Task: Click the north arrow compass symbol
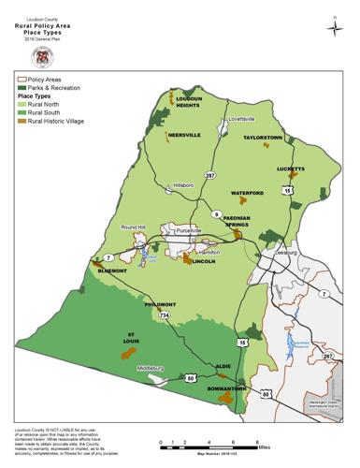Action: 334,28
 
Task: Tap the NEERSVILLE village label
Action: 184,135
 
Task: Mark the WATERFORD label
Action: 248,193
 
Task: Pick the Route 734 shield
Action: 165,316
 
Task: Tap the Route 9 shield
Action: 217,214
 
